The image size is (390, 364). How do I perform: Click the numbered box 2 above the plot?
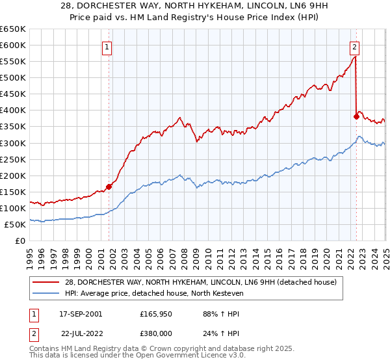click(355, 46)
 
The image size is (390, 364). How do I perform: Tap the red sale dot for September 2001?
click(109, 187)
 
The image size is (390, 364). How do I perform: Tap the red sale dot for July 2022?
click(356, 116)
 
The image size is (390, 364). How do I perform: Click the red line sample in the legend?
click(47, 282)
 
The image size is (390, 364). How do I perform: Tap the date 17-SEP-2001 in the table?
click(80, 314)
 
